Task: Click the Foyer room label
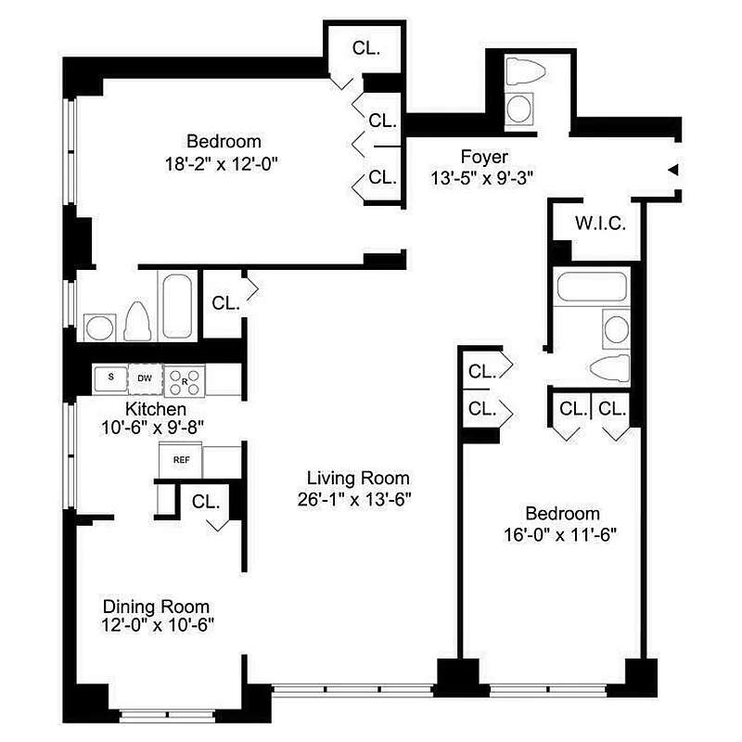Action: [x=483, y=156]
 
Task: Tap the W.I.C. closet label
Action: [x=600, y=224]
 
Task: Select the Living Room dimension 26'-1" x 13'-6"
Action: [x=358, y=498]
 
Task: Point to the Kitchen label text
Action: [x=156, y=408]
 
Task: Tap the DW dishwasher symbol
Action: [x=144, y=377]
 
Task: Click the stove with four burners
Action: [x=183, y=378]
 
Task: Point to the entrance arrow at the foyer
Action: [x=674, y=170]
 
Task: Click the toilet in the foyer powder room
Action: [x=521, y=74]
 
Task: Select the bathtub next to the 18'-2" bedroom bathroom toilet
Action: [x=176, y=304]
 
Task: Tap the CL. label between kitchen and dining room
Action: [x=206, y=502]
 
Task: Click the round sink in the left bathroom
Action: [x=97, y=326]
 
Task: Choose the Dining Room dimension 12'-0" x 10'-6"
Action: [x=156, y=624]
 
